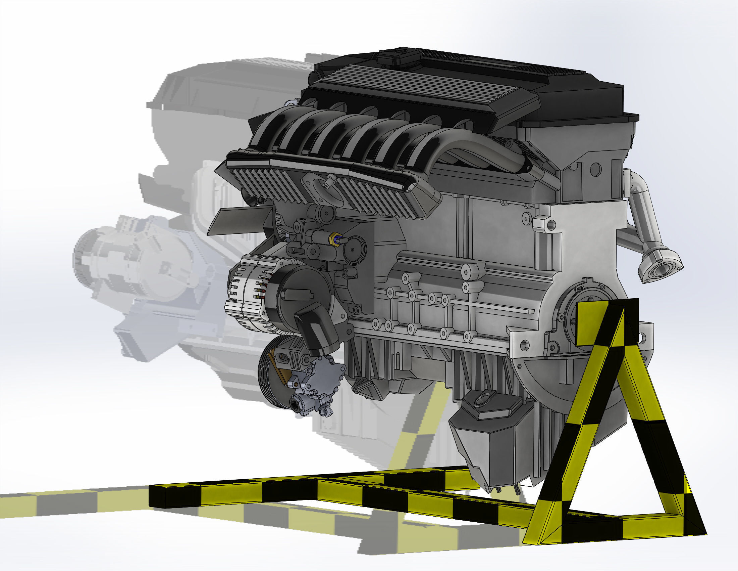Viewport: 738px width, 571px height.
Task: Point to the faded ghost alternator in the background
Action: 111,260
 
